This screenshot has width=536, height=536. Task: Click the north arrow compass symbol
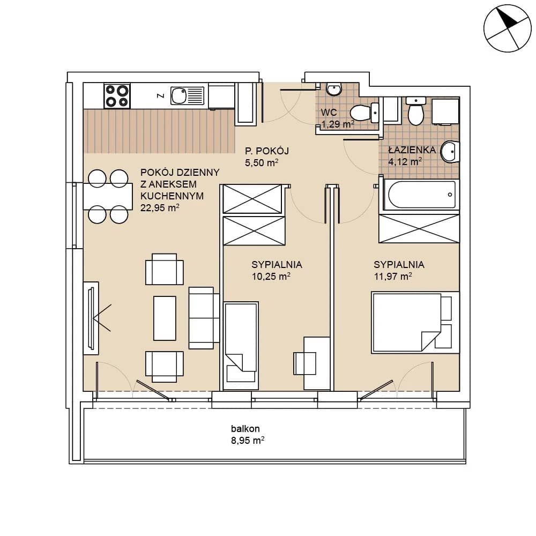[508, 28]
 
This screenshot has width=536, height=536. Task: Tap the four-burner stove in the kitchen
[117, 96]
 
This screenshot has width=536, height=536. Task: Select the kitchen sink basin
[179, 95]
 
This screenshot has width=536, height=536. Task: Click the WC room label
[329, 112]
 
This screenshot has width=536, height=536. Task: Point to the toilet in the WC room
[364, 112]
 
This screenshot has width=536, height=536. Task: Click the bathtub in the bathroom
[421, 195]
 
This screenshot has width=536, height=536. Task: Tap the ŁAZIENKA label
[412, 150]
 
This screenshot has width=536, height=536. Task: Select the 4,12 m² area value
[405, 161]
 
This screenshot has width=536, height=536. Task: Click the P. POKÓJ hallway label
[267, 151]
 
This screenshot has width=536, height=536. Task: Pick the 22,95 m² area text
[160, 208]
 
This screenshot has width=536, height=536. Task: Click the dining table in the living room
[108, 196]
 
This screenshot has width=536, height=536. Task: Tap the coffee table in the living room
[165, 318]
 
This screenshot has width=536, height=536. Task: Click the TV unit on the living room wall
[91, 318]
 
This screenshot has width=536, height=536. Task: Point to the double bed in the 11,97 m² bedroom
[415, 322]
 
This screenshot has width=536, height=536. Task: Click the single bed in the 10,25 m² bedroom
[241, 346]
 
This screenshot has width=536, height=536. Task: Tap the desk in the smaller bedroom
[317, 363]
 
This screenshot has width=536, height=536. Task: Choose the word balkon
[245, 429]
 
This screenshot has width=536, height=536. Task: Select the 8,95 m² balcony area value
[248, 440]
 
